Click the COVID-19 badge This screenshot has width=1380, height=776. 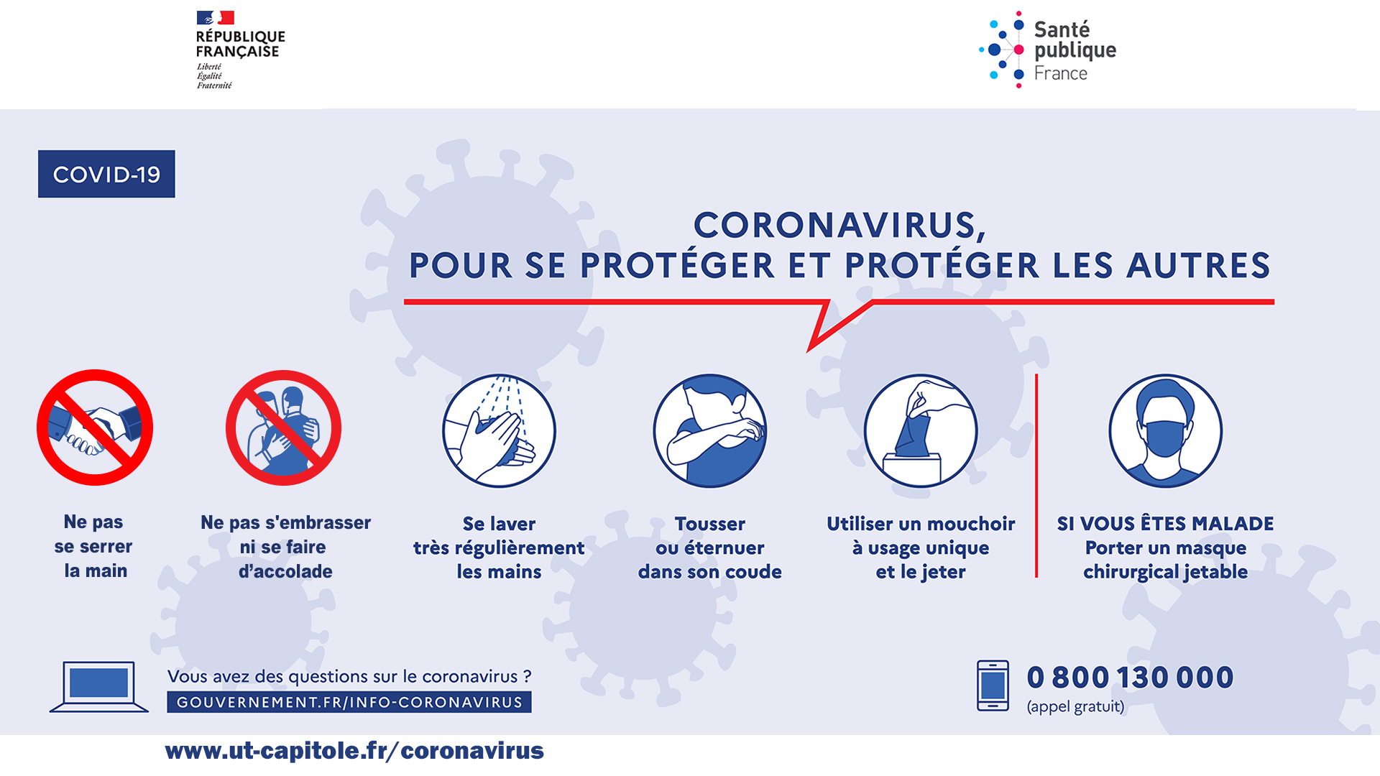click(106, 174)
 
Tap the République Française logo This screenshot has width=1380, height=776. click(240, 50)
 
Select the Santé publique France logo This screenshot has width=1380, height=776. click(1047, 50)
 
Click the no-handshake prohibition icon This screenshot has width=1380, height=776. click(95, 428)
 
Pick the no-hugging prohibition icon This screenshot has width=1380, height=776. click(284, 428)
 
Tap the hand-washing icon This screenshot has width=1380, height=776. click(499, 430)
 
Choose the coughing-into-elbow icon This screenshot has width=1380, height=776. click(710, 430)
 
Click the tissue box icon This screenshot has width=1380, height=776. click(921, 430)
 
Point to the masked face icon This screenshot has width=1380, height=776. click(1165, 430)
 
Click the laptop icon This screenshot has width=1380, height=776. click(99, 687)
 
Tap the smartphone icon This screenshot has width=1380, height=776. click(993, 685)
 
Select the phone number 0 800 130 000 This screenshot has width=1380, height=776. click(1130, 677)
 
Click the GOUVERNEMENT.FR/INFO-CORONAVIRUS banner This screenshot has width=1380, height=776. click(349, 702)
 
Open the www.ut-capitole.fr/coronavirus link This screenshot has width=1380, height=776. click(354, 750)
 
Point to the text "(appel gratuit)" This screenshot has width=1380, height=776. click(1075, 706)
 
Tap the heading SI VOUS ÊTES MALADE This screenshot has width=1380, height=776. click(1165, 523)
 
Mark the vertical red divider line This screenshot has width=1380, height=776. click(1036, 475)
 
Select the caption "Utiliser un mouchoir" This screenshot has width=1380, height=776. click(921, 523)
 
